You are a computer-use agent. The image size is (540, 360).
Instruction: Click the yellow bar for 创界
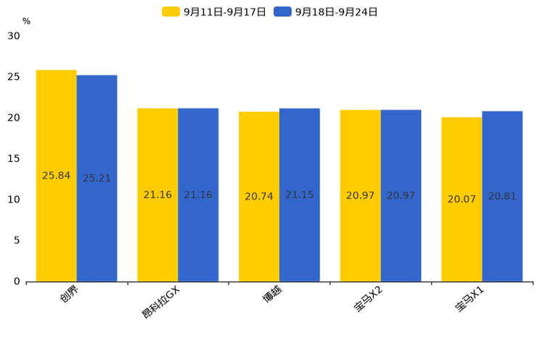pos(56,176)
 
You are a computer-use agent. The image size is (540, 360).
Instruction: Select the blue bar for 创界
pos(97,179)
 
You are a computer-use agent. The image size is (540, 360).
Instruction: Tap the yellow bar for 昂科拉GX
pos(157,195)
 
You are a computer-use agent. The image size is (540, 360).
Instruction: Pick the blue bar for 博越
pos(300,195)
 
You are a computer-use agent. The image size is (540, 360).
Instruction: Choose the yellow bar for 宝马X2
pos(360,196)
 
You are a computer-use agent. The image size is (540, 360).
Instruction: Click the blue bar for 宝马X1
pos(502,197)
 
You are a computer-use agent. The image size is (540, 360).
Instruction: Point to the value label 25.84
pos(56,176)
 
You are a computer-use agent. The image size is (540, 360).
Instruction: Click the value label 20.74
pos(259,197)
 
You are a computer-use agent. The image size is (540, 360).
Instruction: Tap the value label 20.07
pos(462,199)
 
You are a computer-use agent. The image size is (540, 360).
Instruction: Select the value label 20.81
pos(502,197)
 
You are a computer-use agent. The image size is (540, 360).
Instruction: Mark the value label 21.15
pos(300,195)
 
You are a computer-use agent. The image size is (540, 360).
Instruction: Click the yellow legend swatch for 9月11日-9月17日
pos(171,12)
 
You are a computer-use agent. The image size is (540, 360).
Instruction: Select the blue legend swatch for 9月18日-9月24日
pos(282,12)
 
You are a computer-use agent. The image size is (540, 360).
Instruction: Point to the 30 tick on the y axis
pos(14,36)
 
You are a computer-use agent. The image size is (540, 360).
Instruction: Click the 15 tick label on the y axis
pos(14,159)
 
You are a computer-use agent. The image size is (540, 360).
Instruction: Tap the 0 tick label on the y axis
pos(17,282)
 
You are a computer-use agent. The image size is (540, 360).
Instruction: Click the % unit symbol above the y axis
pos(27,21)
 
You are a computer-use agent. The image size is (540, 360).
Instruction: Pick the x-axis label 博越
pos(272,294)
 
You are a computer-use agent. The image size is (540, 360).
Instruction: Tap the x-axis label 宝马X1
pos(470,300)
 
